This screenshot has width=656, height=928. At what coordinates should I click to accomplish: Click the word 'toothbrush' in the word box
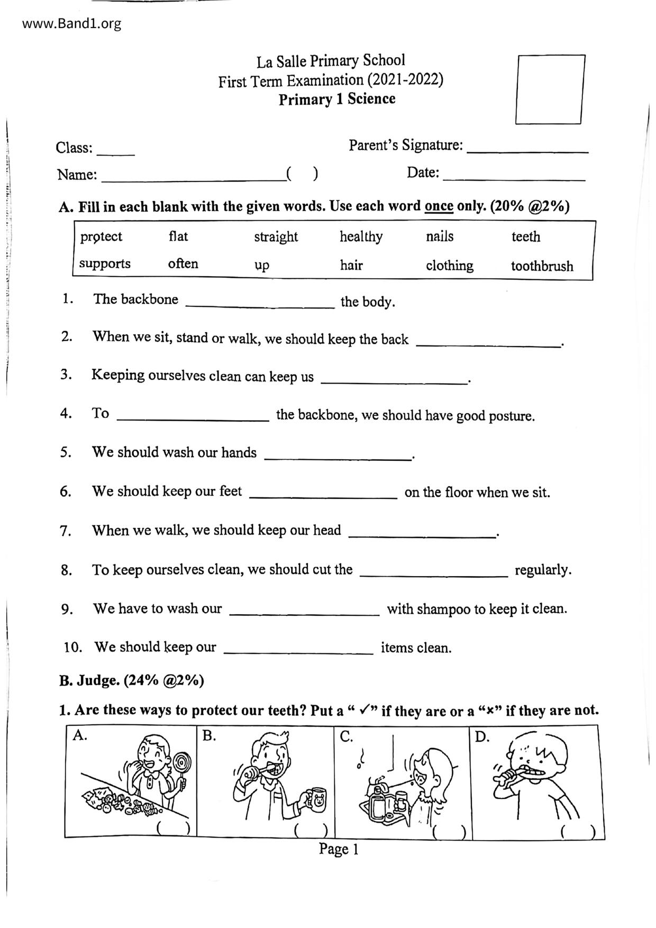tap(542, 266)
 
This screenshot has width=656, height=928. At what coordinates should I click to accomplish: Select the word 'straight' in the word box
tap(276, 236)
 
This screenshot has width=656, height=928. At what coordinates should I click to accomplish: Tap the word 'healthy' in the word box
tap(361, 236)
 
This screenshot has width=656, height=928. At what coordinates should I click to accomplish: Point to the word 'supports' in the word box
tap(105, 263)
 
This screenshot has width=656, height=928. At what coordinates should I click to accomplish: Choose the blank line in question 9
tap(304, 614)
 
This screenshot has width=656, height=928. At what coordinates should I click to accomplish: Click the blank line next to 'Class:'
tap(116, 153)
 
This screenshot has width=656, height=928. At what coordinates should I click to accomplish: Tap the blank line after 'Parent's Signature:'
tap(527, 151)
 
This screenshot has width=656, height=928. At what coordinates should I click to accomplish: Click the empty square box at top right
tap(550, 89)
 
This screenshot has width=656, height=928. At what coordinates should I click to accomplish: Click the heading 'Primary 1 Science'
tap(337, 99)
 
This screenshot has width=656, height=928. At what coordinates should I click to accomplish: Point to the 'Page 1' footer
tap(339, 849)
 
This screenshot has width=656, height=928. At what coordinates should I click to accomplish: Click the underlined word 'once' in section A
tap(439, 206)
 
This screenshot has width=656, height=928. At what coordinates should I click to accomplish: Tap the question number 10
tap(72, 647)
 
